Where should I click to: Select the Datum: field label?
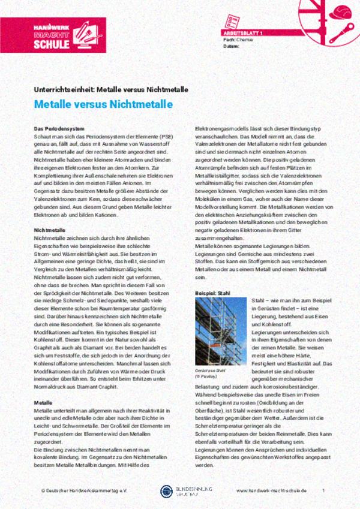pos(231,46)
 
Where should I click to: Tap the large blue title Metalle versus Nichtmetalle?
pos(103,104)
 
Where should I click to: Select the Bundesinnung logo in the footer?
pos(180,490)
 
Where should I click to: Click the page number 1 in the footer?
pos(323,490)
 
